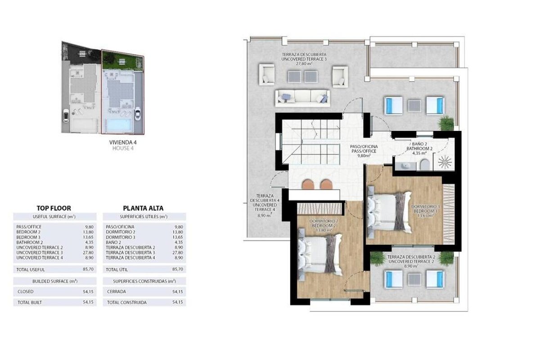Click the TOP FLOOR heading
point(54,208)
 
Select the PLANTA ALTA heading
point(143,208)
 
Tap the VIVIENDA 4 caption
point(123,143)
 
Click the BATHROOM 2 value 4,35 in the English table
point(89,243)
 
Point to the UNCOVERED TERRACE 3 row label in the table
point(38,252)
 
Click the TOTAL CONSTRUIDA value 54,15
point(178,302)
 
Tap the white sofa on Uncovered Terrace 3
point(302,98)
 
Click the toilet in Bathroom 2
point(424,165)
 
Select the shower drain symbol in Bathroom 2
point(445,162)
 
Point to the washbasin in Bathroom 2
point(406,166)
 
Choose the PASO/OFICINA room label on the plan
point(364,146)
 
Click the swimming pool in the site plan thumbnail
point(119,126)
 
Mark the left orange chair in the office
point(308,184)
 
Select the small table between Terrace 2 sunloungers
point(414,279)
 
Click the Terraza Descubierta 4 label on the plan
point(265,200)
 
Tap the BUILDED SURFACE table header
point(55,281)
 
